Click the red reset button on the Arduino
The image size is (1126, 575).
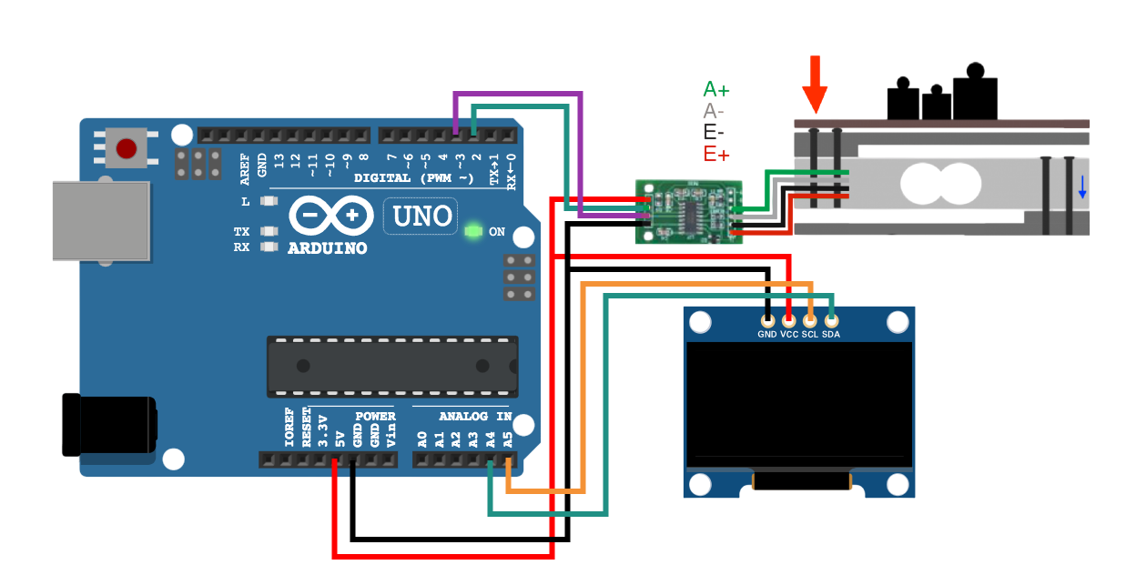coord(127,148)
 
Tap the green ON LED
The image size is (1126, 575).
coord(472,231)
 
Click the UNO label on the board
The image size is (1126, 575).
coord(421,216)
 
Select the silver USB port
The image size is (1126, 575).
coord(100,221)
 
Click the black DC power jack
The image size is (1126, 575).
coord(108,425)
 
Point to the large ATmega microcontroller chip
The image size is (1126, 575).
coord(391,366)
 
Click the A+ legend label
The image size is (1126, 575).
coord(716,89)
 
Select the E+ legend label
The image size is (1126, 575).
coord(716,155)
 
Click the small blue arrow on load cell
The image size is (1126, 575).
coord(1081,187)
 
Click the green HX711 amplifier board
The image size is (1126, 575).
coord(689,211)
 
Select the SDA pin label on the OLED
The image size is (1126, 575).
coord(831,335)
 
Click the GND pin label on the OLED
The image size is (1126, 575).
coord(767,335)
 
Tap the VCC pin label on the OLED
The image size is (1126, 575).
coord(789,335)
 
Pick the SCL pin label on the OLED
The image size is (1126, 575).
coord(810,335)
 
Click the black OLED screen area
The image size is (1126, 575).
coord(798,400)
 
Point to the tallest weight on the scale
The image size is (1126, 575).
coord(975,93)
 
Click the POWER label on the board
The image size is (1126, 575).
coord(375,417)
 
